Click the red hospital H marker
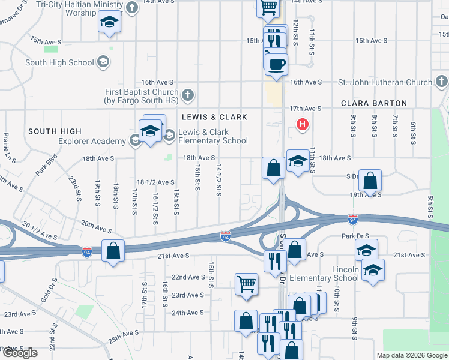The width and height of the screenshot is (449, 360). [303, 125]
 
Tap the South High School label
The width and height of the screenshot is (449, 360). [59, 62]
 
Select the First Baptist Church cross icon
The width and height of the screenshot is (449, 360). [188, 94]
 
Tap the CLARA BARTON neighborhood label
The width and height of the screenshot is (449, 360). [373, 103]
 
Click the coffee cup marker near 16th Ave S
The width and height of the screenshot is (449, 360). [276, 65]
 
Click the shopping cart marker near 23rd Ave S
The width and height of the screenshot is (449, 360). [246, 284]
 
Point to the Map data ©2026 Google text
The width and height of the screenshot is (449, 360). [411, 355]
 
